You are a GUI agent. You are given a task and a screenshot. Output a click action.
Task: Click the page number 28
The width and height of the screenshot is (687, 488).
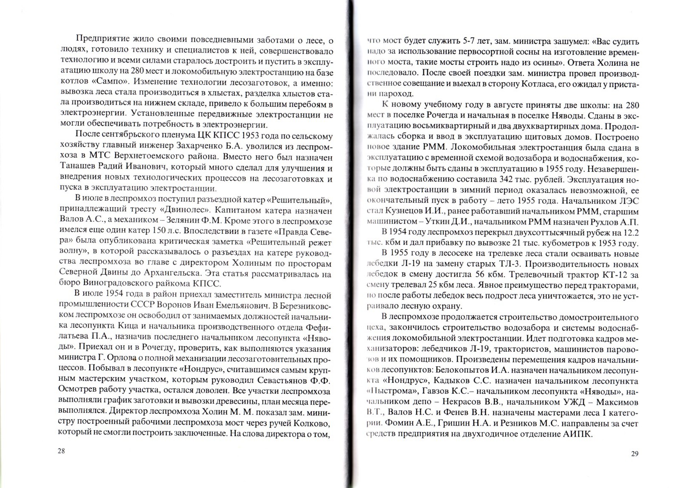click(61, 451)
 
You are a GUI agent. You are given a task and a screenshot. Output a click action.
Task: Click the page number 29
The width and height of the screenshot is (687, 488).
click(634, 454)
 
